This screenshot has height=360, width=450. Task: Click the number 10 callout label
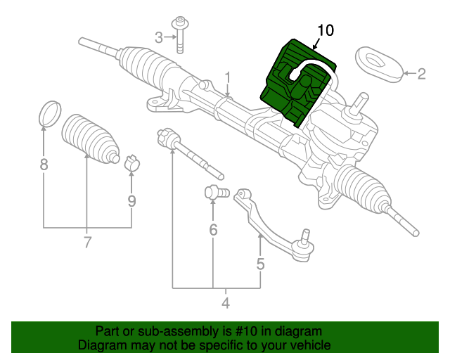point(326,30)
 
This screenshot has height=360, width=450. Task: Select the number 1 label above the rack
point(228,76)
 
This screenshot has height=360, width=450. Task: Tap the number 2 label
point(421,73)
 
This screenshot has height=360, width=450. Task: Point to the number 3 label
point(159,37)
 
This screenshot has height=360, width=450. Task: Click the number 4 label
point(226,304)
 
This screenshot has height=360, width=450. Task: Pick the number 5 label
point(260,264)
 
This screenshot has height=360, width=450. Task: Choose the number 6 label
point(213,229)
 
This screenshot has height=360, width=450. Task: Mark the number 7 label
point(87,243)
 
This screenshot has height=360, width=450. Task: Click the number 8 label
point(44,166)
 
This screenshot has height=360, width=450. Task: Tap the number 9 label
point(131,200)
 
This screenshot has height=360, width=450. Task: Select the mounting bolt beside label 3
point(181,35)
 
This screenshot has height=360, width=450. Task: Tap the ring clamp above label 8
point(49,112)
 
